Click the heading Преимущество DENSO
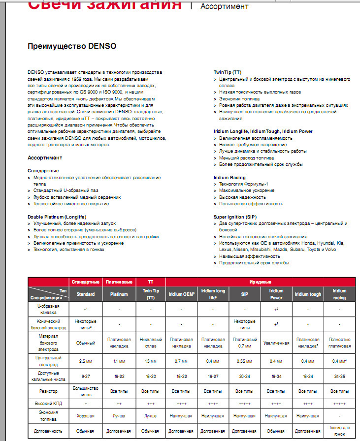tap(72, 47)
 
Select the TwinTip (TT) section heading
tap(231, 72)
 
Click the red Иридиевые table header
tap(261, 282)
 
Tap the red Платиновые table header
tap(118, 282)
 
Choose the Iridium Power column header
tap(276, 294)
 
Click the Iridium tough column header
tap(308, 294)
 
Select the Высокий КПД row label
tap(49, 403)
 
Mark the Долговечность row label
tap(49, 431)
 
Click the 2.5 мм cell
tap(86, 361)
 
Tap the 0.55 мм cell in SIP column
tap(245, 361)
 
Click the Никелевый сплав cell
tap(150, 343)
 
